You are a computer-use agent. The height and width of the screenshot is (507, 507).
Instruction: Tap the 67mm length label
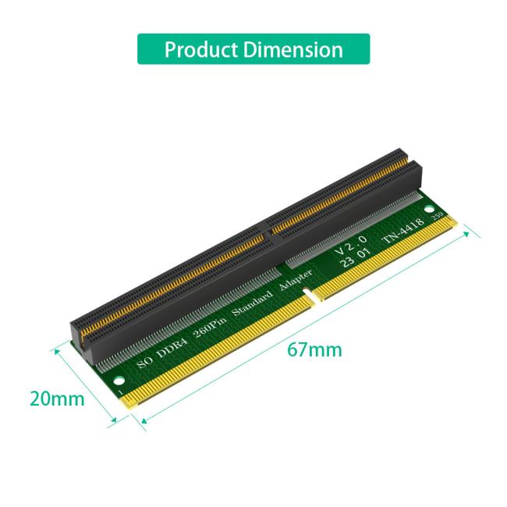pyautogui.click(x=314, y=349)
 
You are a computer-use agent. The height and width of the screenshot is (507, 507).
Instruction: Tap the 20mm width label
pyautogui.click(x=57, y=399)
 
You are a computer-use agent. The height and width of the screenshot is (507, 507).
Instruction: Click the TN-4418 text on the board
pyautogui.click(x=404, y=231)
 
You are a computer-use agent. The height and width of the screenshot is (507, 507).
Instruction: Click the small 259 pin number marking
pyautogui.click(x=438, y=215)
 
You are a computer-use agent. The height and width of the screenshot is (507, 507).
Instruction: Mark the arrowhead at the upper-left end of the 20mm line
pyautogui.click(x=55, y=350)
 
